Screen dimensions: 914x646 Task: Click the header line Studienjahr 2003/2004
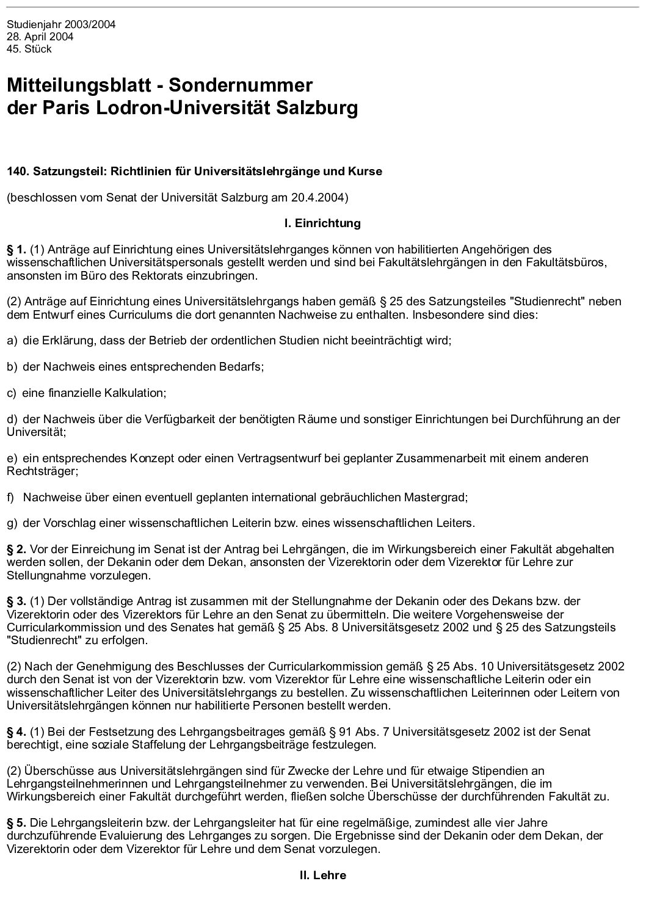point(61,25)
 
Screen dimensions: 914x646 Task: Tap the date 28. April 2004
point(40,37)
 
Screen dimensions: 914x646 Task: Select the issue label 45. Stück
point(29,49)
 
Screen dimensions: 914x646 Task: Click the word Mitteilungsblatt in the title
point(79,85)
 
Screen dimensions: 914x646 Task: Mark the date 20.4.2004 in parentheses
point(322,197)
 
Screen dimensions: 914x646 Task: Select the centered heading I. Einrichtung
point(322,223)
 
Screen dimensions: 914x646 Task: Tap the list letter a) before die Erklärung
point(12,340)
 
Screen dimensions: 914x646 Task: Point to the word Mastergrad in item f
point(437,497)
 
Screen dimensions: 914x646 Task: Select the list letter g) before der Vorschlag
point(12,523)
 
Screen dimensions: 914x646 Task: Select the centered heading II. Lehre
point(322,875)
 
